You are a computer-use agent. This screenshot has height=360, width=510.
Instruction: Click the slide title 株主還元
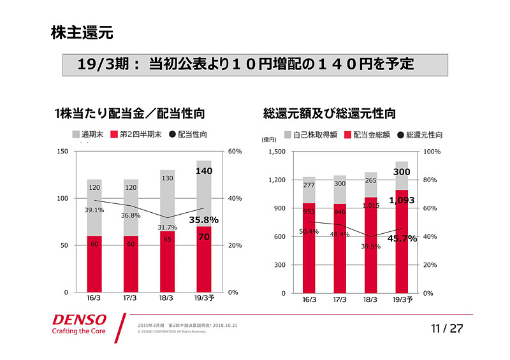pyautogui.click(x=82, y=33)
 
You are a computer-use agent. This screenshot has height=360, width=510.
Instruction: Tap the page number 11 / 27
pyautogui.click(x=446, y=329)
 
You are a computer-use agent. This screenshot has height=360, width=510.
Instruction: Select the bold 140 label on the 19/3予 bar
pyautogui.click(x=204, y=171)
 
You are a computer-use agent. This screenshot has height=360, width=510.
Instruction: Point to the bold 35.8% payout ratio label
pyautogui.click(x=204, y=220)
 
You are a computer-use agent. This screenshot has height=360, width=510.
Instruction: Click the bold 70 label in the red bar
pyautogui.click(x=204, y=237)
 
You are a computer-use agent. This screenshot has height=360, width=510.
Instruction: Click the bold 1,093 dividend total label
pyautogui.click(x=402, y=200)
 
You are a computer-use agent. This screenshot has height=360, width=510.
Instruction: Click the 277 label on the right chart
pyautogui.click(x=309, y=185)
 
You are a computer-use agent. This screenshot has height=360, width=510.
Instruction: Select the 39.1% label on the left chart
pyautogui.click(x=94, y=210)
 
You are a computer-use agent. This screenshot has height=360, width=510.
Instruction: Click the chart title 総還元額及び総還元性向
pyautogui.click(x=329, y=114)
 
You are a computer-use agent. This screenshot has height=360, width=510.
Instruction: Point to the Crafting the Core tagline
pyautogui.click(x=79, y=331)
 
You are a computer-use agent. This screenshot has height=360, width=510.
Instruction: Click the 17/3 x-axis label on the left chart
pyautogui.click(x=131, y=298)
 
